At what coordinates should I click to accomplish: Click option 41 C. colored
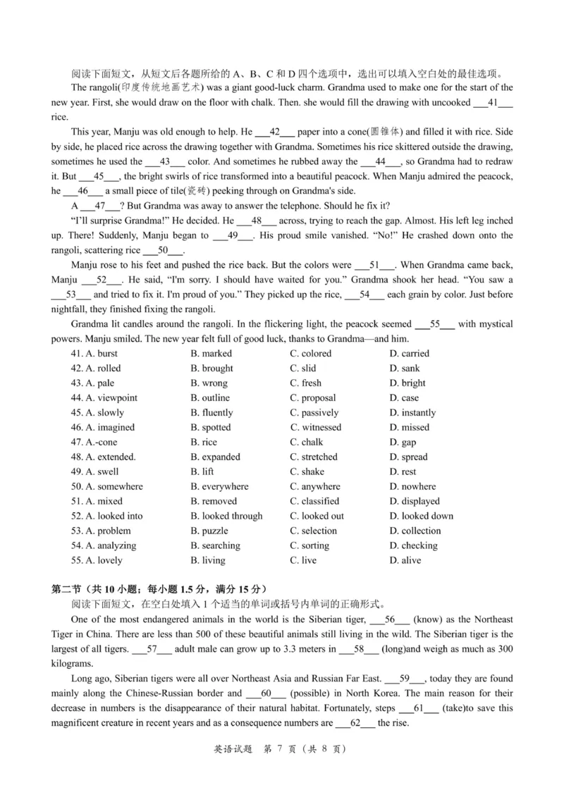pos(310,354)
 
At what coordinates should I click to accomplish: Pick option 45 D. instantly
pos(412,413)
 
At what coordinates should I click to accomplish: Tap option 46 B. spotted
pos(210,428)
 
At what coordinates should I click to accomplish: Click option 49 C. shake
pos(307,472)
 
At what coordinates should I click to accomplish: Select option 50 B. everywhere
pos(219,487)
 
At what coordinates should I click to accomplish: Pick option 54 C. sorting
pos(309,546)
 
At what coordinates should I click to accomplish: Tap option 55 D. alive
pos(405,561)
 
